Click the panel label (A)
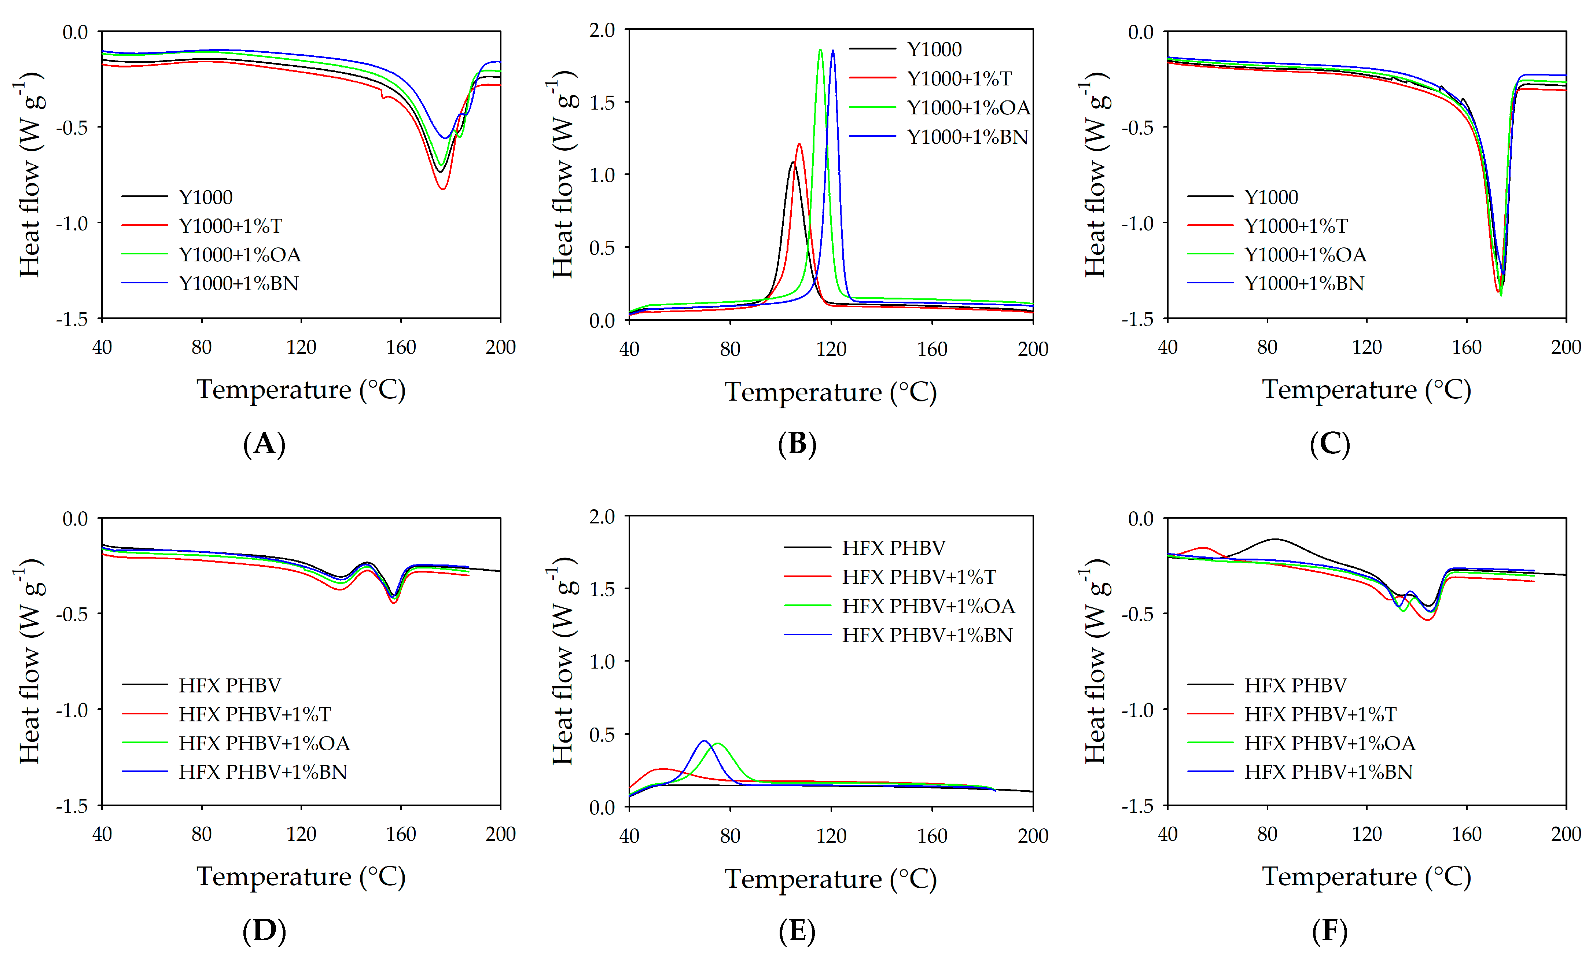pyautogui.click(x=264, y=444)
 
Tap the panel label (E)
pyautogui.click(x=797, y=931)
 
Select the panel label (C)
pyautogui.click(x=1329, y=444)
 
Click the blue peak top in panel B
pyautogui.click(x=833, y=51)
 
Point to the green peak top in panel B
pyautogui.click(x=820, y=49)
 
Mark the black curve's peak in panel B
pyautogui.click(x=793, y=162)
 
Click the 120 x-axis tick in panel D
pyautogui.click(x=301, y=834)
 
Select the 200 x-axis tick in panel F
pyautogui.click(x=1565, y=834)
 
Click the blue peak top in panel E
pyautogui.click(x=704, y=741)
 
